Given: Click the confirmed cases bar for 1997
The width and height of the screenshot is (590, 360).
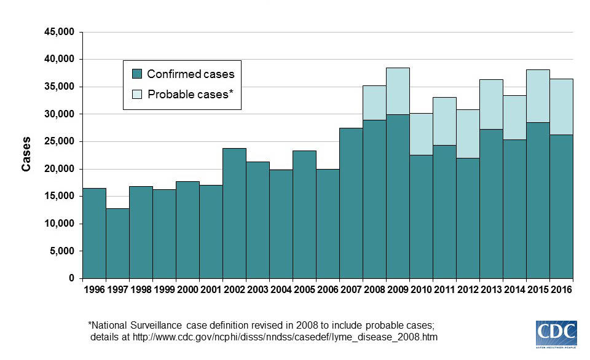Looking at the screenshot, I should [x=117, y=243].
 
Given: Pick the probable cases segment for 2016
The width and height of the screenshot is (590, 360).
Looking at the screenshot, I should [x=561, y=107].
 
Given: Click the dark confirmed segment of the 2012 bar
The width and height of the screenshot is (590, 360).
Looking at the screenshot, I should [x=468, y=218].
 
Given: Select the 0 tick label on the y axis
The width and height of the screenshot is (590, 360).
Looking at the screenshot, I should [x=71, y=278].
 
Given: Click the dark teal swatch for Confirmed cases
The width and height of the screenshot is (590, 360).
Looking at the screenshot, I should [x=138, y=74].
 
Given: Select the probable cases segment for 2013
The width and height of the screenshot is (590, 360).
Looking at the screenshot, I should [x=491, y=104].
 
